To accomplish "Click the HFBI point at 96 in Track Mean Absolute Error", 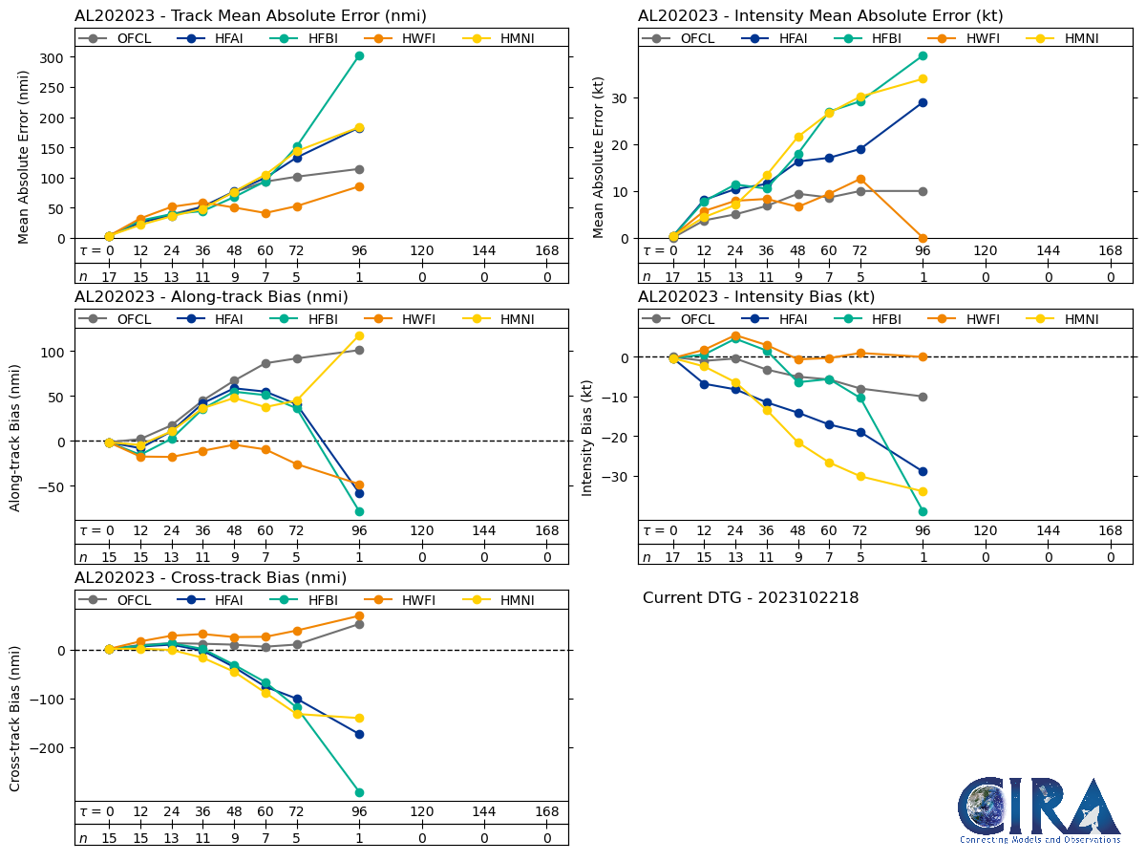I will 359,55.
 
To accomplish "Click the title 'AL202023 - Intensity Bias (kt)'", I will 756,297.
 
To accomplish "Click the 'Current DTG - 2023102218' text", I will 751,598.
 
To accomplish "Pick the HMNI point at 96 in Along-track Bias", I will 359,335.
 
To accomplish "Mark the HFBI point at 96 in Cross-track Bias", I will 359,792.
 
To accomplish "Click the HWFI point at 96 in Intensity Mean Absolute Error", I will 923,238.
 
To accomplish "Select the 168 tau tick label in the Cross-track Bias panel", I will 546,811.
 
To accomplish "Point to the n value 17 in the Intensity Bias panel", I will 672,558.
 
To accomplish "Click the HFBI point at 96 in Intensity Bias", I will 923,511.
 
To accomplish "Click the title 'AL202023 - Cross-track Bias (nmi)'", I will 210,578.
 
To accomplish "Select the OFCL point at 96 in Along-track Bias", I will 359,350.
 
